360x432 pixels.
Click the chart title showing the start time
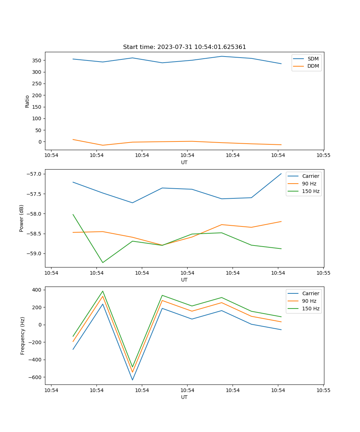click(x=184, y=47)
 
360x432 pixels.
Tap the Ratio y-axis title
click(x=27, y=101)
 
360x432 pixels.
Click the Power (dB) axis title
click(x=22, y=218)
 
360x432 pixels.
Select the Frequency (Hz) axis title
click(x=22, y=336)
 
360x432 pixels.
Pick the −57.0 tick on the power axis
click(x=36, y=174)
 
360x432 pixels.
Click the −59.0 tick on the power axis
click(x=36, y=253)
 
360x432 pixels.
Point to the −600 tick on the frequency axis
click(x=36, y=377)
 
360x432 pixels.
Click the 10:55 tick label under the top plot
click(x=323, y=156)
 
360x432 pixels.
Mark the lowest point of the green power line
click(x=103, y=262)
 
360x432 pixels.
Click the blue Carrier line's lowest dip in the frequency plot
click(x=132, y=380)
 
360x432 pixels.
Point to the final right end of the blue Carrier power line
click(x=281, y=174)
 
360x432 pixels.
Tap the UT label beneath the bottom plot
click(x=184, y=397)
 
